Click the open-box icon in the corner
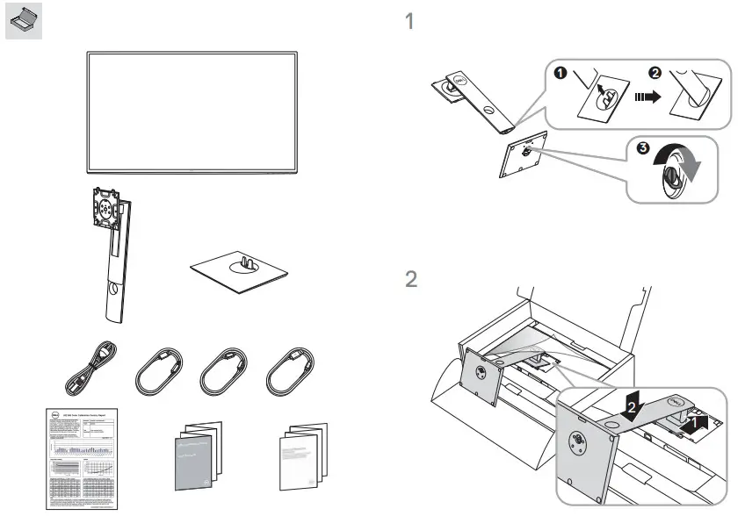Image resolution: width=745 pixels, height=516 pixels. pos(23,23)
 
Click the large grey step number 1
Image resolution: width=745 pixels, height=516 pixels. pos(409,21)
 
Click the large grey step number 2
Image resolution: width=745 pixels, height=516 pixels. pos(410,280)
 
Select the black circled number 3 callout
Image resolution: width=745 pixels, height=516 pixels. pos(643,148)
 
